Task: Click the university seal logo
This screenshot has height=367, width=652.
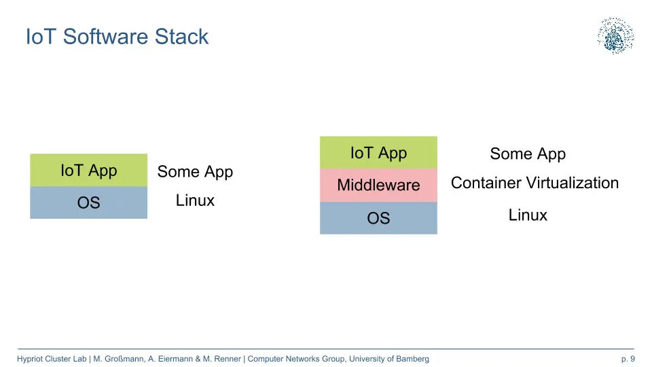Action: [x=616, y=36]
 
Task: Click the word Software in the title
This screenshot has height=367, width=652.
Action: [x=106, y=36]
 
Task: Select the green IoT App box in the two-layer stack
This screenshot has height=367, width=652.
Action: [x=88, y=170]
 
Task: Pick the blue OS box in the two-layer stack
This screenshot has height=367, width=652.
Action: [x=88, y=203]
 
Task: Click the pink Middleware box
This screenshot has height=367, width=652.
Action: [x=378, y=185]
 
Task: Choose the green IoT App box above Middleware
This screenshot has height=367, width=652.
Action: [x=378, y=152]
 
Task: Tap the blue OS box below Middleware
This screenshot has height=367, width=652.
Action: [x=378, y=218]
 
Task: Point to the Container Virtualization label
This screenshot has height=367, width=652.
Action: [x=535, y=183]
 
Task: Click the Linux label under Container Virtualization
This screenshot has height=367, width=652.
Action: [x=528, y=215]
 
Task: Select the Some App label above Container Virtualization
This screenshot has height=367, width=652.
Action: [x=528, y=154]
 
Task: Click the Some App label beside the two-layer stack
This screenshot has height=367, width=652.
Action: [x=195, y=172]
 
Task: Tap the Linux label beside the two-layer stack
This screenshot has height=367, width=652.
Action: [x=195, y=200]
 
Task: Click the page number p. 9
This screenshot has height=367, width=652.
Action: [x=628, y=359]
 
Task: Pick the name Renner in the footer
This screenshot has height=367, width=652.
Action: [x=228, y=359]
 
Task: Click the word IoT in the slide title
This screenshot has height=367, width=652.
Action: [x=41, y=36]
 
